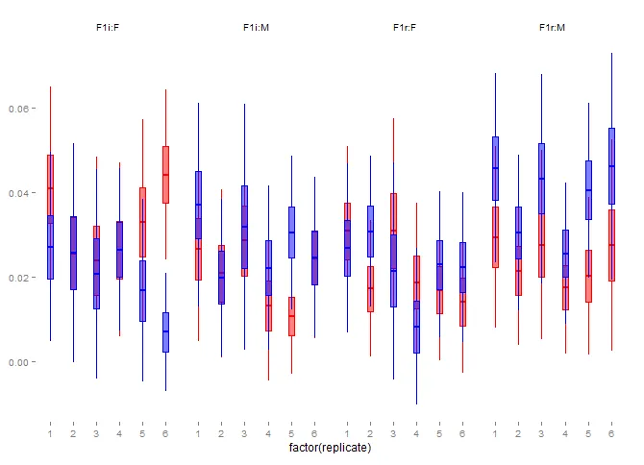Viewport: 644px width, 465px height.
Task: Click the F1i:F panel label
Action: tap(108, 28)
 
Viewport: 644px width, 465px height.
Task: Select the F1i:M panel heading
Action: tap(256, 28)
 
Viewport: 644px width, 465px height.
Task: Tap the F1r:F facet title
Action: tap(404, 28)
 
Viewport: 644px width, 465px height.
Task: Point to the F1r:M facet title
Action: tap(552, 28)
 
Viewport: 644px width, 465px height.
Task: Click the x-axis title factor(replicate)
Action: tap(330, 448)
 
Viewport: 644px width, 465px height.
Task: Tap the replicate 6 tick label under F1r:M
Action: tap(611, 434)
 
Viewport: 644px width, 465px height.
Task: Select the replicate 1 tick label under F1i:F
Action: tap(50, 434)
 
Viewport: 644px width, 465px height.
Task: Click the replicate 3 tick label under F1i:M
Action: tap(244, 434)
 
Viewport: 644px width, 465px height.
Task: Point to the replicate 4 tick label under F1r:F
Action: tap(416, 434)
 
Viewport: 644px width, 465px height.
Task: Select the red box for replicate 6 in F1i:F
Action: tap(165, 174)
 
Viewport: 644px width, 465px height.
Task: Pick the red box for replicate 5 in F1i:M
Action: tap(291, 316)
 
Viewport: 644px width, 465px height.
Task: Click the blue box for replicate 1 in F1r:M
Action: tap(495, 168)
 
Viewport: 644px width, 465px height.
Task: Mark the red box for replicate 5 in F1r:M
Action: tap(588, 276)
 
